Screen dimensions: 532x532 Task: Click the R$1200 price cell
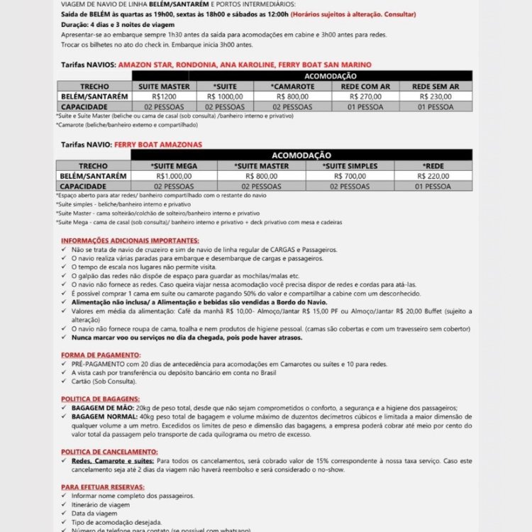pyautogui.click(x=163, y=96)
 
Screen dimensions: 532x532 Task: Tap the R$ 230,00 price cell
pyautogui.click(x=435, y=96)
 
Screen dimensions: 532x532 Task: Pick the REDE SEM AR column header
pyautogui.click(x=435, y=86)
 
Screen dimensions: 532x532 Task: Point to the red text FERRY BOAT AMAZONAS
pyautogui.click(x=157, y=144)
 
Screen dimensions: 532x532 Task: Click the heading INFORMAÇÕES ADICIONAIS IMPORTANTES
pyautogui.click(x=130, y=240)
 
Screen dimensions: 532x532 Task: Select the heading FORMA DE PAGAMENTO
pyautogui.click(x=101, y=354)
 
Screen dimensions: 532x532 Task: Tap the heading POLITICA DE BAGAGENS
pyautogui.click(x=100, y=399)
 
